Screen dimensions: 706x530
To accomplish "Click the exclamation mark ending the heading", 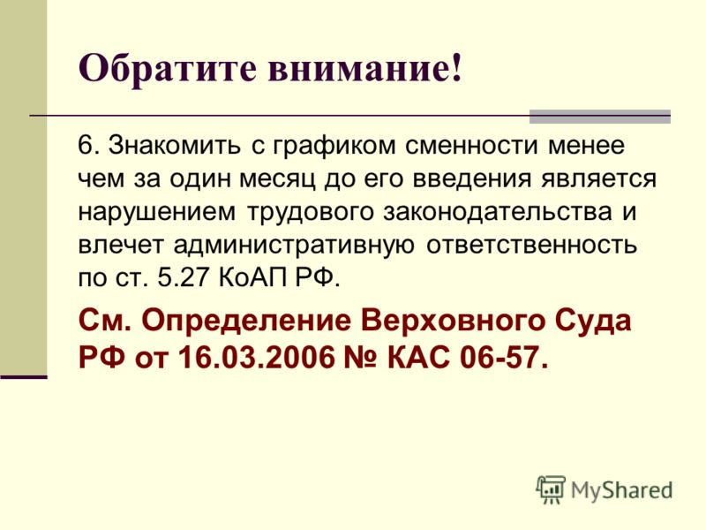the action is click(456, 68).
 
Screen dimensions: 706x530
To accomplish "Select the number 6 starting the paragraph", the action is click(85, 145).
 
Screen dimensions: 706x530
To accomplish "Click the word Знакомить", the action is click(174, 145).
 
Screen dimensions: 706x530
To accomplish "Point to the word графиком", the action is click(335, 148).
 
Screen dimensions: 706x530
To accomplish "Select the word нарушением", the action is click(157, 213).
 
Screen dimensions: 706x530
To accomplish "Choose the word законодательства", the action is click(498, 213).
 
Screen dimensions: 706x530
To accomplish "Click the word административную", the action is click(294, 246).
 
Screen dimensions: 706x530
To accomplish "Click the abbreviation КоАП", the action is click(252, 278).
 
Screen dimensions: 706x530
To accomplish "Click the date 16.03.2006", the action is click(257, 358).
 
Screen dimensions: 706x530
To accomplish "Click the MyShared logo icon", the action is click(550, 489).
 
